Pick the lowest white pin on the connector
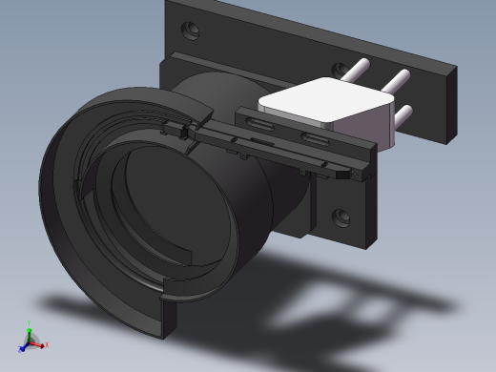click(403, 114)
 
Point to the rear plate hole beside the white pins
click(339, 70)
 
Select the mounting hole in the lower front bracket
click(340, 217)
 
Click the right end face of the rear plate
click(449, 105)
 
